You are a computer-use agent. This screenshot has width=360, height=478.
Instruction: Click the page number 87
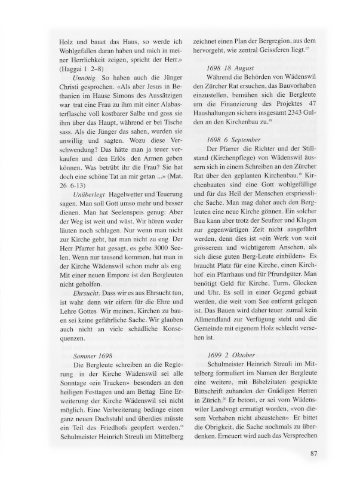click(316, 452)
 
